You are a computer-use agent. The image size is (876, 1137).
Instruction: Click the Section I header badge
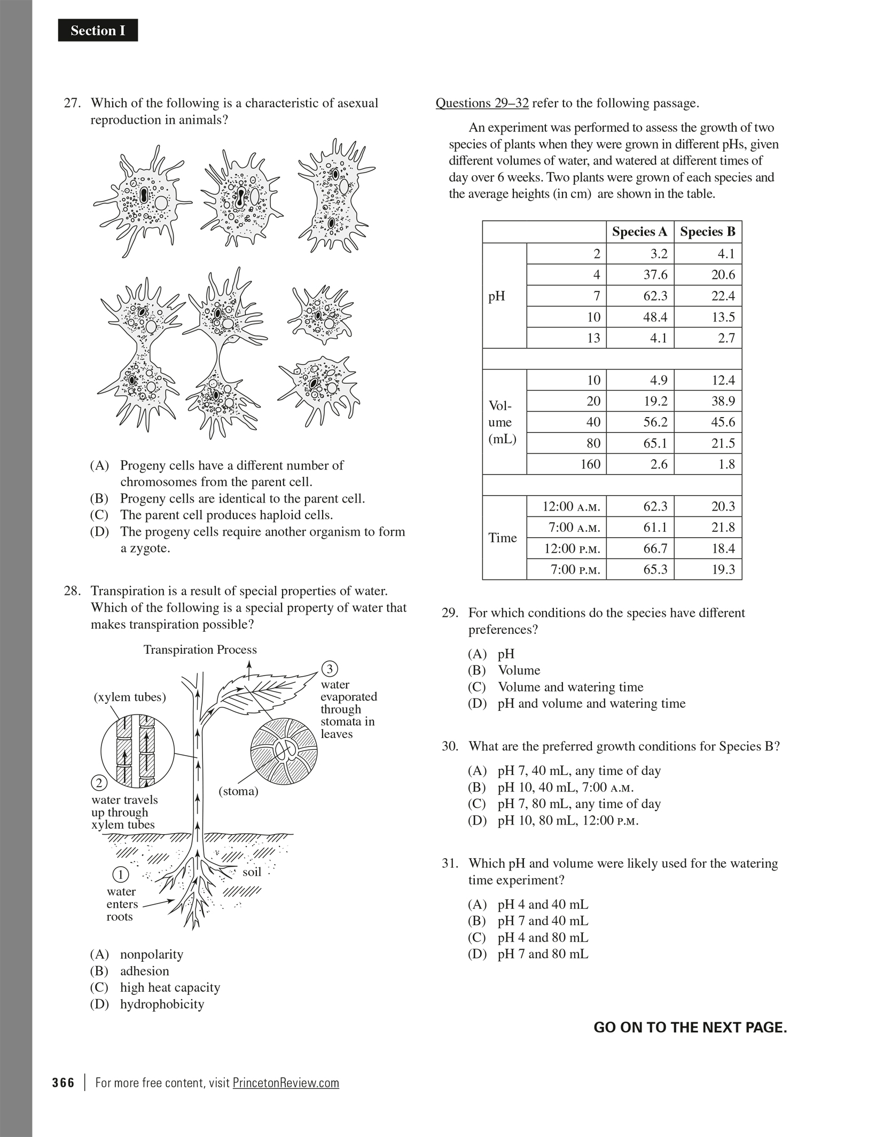point(98,30)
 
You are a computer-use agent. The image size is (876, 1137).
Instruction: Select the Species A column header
point(639,232)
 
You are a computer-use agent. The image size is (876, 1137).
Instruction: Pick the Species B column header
point(707,232)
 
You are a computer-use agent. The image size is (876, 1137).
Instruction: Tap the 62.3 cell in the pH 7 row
point(655,296)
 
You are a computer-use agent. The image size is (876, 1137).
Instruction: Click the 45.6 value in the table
point(723,422)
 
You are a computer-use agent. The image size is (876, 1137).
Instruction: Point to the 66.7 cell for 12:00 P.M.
point(655,548)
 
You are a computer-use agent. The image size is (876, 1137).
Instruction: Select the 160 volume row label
point(590,464)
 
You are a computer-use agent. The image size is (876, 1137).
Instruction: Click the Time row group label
point(503,538)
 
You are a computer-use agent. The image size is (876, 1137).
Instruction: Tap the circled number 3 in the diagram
point(330,669)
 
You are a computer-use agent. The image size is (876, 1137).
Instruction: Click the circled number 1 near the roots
point(121,874)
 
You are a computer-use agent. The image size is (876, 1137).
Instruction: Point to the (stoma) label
point(238,791)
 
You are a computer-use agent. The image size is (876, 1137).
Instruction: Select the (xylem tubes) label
point(130,697)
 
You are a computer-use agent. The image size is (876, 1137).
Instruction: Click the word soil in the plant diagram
point(252,872)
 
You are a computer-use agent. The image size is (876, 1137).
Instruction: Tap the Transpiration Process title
point(200,649)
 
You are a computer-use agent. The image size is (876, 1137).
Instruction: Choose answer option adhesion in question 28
point(144,971)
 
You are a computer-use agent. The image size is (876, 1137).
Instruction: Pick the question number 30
point(450,746)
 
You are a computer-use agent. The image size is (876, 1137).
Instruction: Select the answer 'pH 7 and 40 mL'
point(543,921)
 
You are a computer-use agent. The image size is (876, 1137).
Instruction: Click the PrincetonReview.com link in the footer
point(286,1083)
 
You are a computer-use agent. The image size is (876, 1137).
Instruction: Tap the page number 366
point(64,1083)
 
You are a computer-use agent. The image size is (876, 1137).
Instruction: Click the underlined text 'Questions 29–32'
point(482,103)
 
